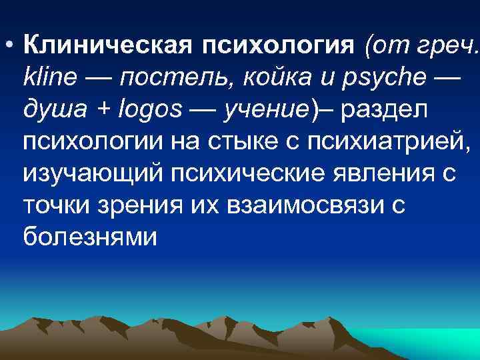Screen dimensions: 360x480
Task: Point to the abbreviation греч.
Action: click(449, 47)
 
